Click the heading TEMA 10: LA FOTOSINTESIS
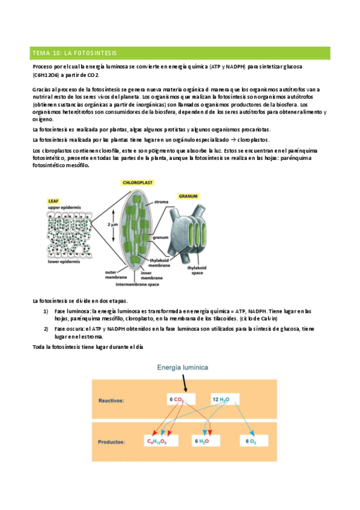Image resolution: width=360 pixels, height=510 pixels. pos(75,53)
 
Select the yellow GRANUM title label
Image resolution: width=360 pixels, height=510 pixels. pos(188,196)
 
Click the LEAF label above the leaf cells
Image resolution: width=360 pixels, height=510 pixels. pos(54,202)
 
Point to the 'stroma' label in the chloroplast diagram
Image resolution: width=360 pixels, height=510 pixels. pos(161,201)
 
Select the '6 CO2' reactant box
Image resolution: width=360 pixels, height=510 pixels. pos(180,399)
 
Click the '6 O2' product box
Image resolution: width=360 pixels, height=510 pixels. pos(251,441)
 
